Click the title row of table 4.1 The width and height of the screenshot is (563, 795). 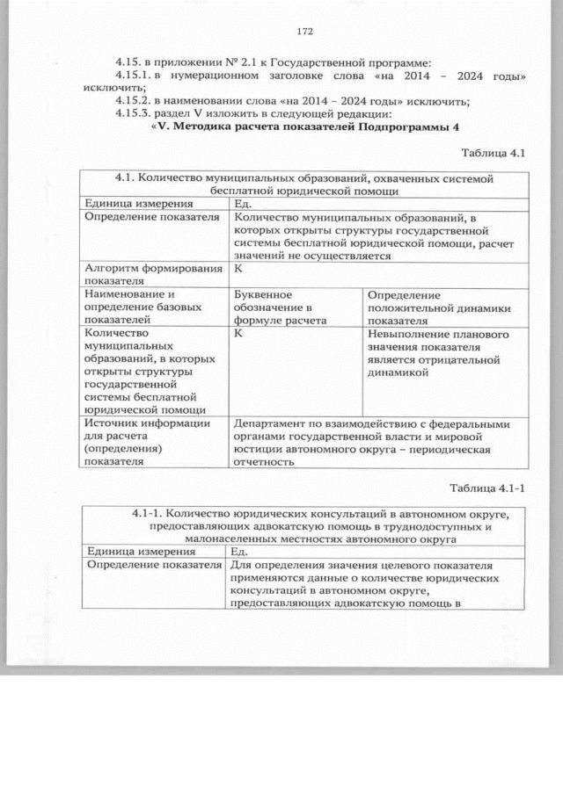pos(305,184)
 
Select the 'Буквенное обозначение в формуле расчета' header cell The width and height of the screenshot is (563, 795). pos(274,307)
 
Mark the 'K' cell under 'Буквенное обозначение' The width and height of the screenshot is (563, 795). pos(239,335)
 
